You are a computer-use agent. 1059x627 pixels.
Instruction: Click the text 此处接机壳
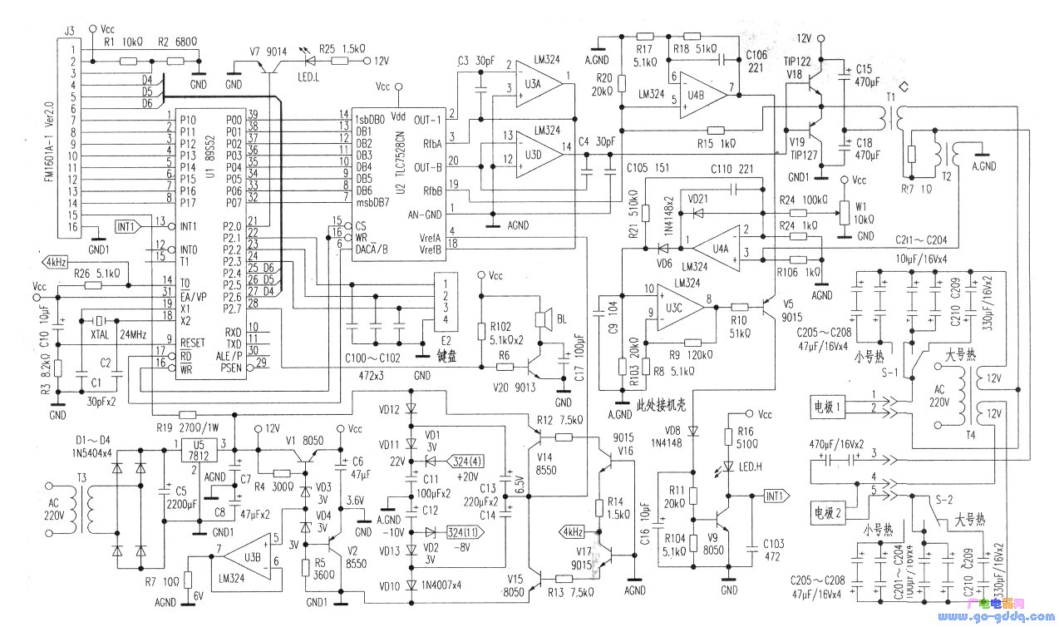tap(662, 405)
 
